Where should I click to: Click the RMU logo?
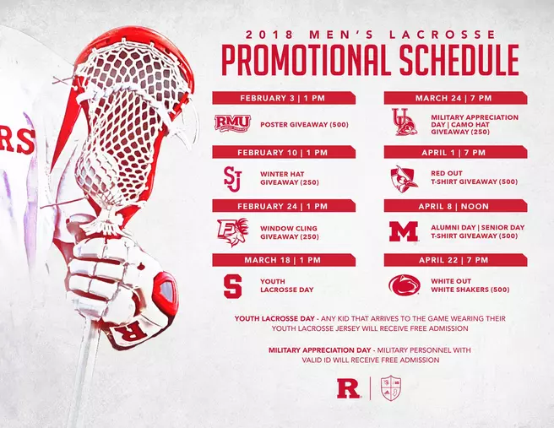click(232, 123)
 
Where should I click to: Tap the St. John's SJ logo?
click(232, 177)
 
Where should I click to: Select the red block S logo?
click(231, 285)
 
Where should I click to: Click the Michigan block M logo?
click(404, 231)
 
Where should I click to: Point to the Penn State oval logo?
click(404, 285)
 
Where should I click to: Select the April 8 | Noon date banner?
click(454, 206)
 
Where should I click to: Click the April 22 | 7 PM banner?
click(454, 260)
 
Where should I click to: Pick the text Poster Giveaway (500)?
click(295, 123)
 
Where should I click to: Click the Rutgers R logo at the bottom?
click(345, 389)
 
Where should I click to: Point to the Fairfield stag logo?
click(231, 230)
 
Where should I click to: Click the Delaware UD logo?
click(403, 122)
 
